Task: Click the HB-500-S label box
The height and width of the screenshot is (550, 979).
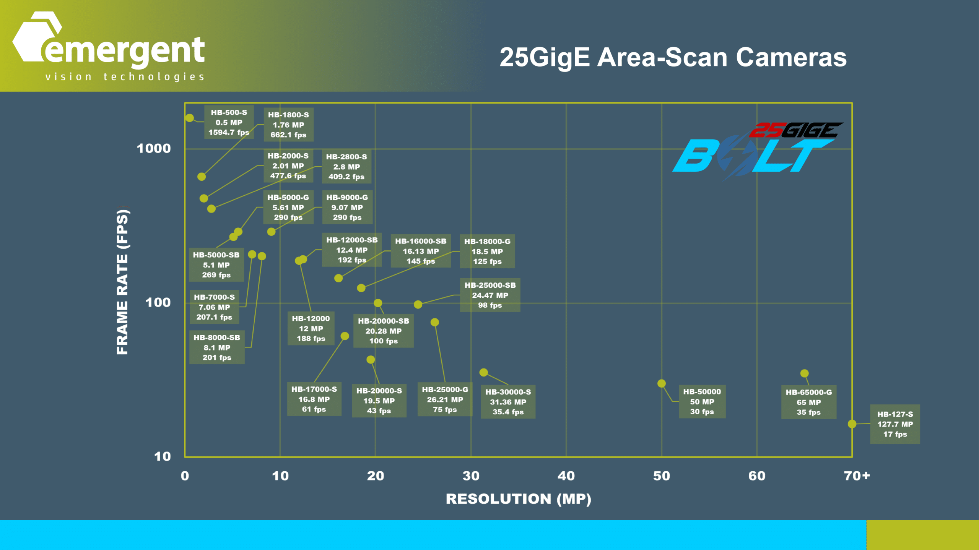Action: pyautogui.click(x=229, y=122)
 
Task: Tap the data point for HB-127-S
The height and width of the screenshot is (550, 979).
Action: pyautogui.click(x=852, y=424)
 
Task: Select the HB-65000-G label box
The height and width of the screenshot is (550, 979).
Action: pyautogui.click(x=808, y=402)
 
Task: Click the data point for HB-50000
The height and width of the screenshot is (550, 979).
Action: pyautogui.click(x=662, y=383)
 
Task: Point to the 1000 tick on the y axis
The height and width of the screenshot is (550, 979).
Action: pyautogui.click(x=154, y=148)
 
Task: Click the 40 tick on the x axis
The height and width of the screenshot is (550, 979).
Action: pyautogui.click(x=566, y=476)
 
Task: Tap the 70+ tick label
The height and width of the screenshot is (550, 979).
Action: pyautogui.click(x=857, y=476)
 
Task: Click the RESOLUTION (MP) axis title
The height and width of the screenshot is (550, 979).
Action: pyautogui.click(x=518, y=499)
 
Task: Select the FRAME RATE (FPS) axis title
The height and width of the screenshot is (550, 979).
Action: pyautogui.click(x=122, y=281)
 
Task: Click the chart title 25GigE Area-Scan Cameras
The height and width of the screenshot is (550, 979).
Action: pyautogui.click(x=673, y=57)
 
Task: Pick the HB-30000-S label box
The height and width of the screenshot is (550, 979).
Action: pyautogui.click(x=508, y=402)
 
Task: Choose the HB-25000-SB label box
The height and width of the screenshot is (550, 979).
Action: pyautogui.click(x=490, y=295)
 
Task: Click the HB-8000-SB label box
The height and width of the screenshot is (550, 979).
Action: pyautogui.click(x=217, y=347)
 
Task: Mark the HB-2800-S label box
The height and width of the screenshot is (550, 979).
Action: pyautogui.click(x=346, y=167)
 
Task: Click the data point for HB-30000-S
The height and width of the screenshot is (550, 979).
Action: pyautogui.click(x=484, y=372)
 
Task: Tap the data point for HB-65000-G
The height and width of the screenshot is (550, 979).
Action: pyautogui.click(x=805, y=373)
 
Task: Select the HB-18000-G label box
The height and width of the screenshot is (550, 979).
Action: pyautogui.click(x=487, y=251)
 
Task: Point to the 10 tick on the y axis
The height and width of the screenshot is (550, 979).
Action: pyautogui.click(x=162, y=456)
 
